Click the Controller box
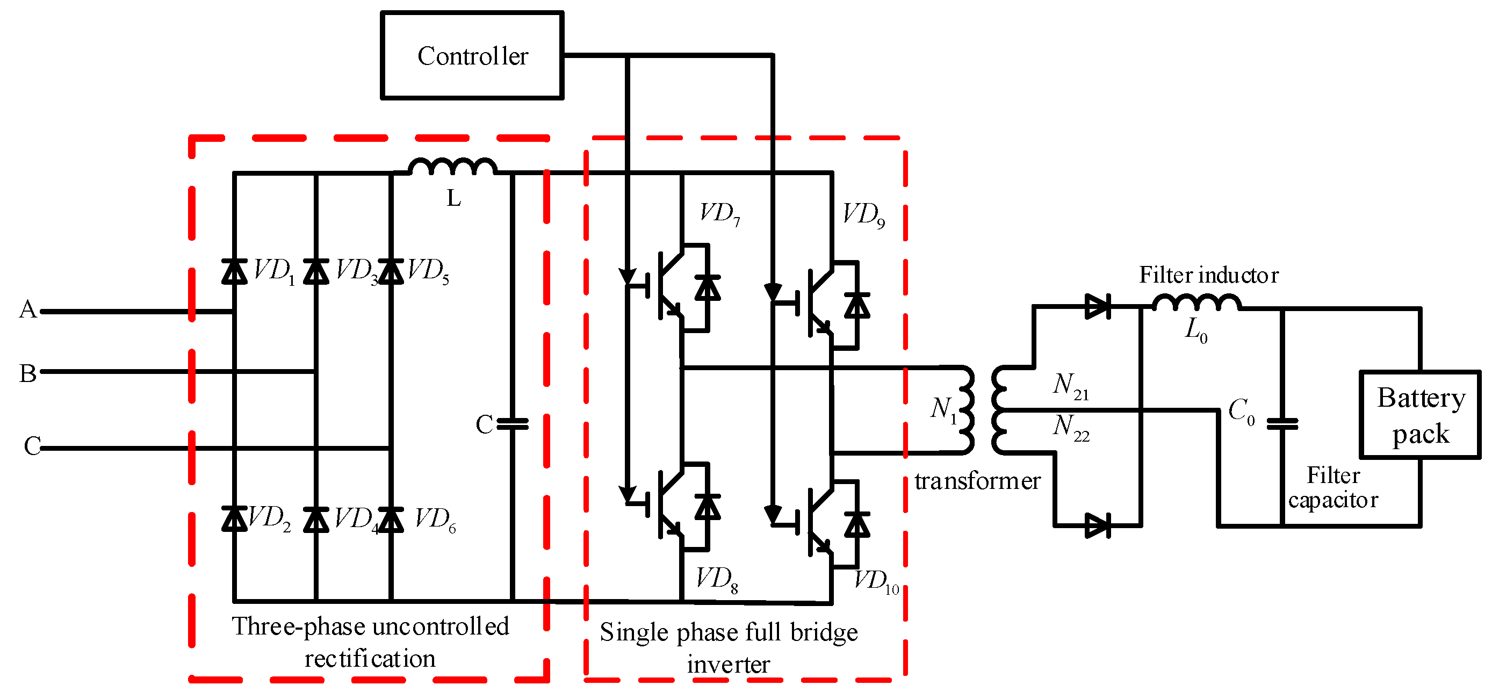point(472,55)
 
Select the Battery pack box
point(1419,415)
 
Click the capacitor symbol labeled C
point(513,424)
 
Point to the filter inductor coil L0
point(1197,303)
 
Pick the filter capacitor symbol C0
point(1282,424)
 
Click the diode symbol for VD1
point(235,271)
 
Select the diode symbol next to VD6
point(391,519)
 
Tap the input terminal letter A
point(28,309)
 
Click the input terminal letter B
point(28,373)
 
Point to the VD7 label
point(719,214)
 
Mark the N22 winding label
point(1070,427)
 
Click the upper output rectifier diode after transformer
point(1097,306)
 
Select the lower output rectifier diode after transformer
point(1097,526)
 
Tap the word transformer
point(977,481)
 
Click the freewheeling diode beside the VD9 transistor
point(856,306)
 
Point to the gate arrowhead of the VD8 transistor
point(628,495)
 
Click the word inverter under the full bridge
point(728,665)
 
